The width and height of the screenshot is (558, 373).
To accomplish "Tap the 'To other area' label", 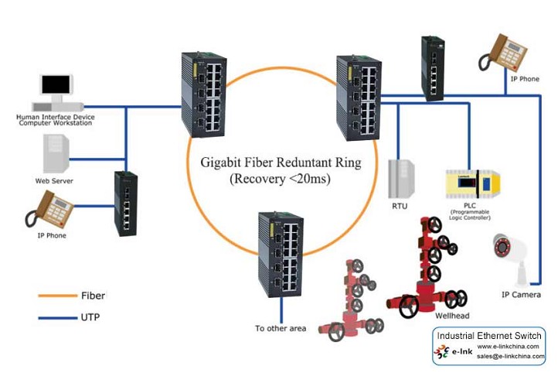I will (x=281, y=328).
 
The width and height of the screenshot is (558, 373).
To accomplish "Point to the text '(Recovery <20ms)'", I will (x=278, y=181).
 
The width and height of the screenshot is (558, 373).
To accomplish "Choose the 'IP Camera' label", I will (x=522, y=295).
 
